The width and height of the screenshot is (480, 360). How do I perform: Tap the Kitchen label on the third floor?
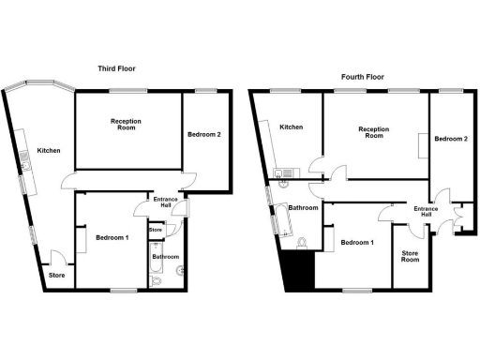tap(49, 150)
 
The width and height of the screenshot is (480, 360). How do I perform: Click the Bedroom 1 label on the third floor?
tap(112, 238)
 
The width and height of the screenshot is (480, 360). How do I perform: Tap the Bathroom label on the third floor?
tap(166, 257)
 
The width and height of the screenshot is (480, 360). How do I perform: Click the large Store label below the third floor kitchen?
tap(57, 276)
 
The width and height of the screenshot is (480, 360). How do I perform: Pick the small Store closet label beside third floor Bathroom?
tap(156, 230)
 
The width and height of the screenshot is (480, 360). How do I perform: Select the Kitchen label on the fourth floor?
tap(291, 127)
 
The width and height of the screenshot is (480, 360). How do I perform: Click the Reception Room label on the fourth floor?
tap(373, 132)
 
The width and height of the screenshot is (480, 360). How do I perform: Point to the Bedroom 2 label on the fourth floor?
tap(452, 139)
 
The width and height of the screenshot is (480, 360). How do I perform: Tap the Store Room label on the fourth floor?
tap(411, 256)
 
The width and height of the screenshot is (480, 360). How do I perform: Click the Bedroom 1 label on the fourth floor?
tap(357, 243)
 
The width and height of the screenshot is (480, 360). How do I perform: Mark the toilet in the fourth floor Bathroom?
tap(301, 244)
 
